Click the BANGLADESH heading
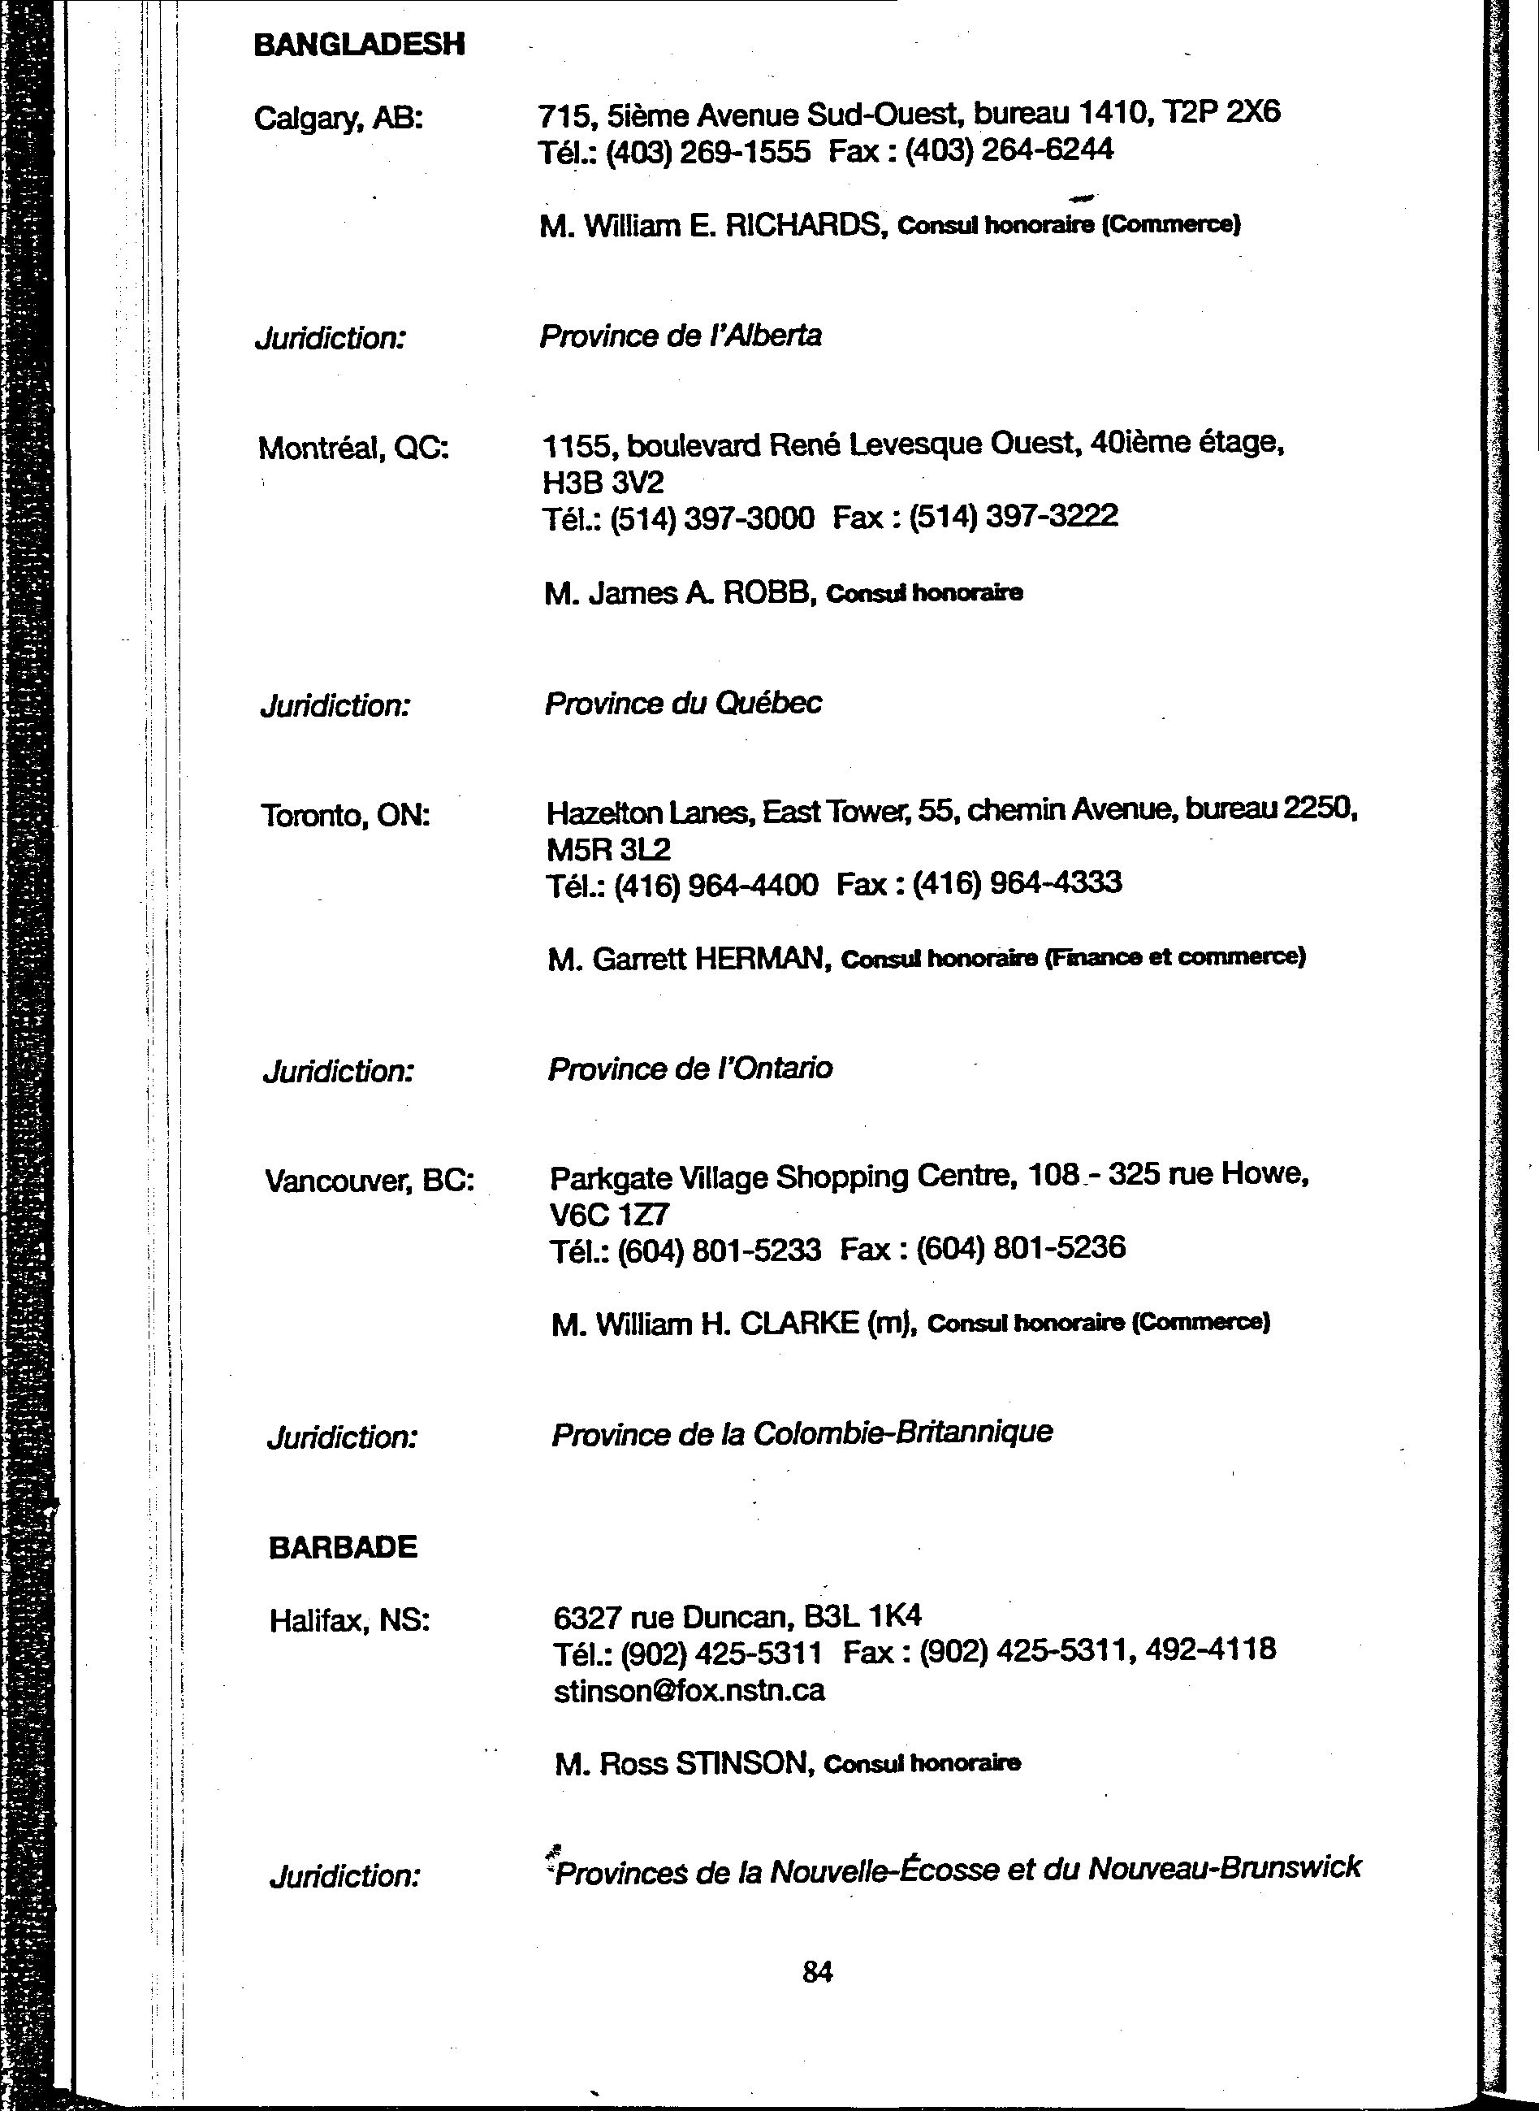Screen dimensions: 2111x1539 359,45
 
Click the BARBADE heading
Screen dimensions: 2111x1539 343,1548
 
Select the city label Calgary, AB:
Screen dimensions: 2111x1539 338,119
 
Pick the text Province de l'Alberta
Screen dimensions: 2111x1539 680,336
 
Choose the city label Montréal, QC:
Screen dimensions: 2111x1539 353,449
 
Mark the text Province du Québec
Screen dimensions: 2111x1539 683,703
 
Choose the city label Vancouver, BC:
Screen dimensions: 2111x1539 370,1181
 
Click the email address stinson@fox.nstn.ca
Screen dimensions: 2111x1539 690,1691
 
